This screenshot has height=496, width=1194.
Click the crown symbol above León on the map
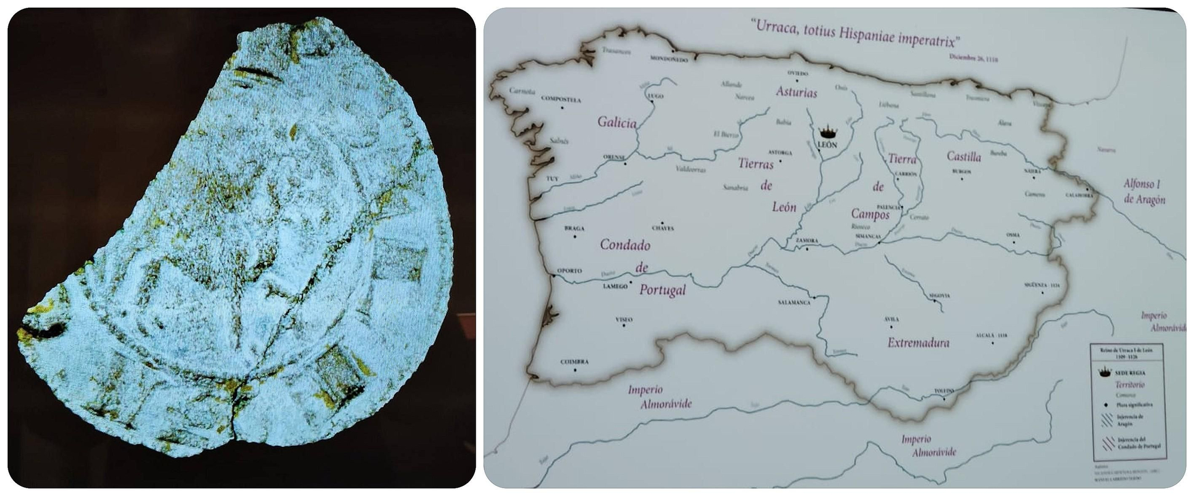[827, 131]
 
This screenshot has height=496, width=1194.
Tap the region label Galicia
[617, 122]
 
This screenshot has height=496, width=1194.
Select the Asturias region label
[796, 92]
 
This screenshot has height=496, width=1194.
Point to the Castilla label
[964, 157]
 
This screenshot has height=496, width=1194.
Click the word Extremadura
[918, 343]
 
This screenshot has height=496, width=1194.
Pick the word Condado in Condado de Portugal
[625, 244]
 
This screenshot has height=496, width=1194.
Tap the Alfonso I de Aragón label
[1144, 192]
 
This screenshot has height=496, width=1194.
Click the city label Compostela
[561, 99]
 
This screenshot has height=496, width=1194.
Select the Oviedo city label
[798, 73]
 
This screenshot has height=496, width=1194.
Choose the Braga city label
[574, 228]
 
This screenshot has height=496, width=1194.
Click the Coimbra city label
[574, 362]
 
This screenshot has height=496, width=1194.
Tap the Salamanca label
[794, 302]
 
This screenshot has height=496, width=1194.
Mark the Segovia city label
[939, 296]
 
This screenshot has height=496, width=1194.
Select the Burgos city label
[961, 172]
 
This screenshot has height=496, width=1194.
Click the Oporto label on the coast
[569, 271]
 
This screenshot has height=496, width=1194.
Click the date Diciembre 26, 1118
[973, 59]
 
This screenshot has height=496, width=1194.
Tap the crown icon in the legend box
[1104, 372]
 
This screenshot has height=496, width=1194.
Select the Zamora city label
[807, 241]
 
